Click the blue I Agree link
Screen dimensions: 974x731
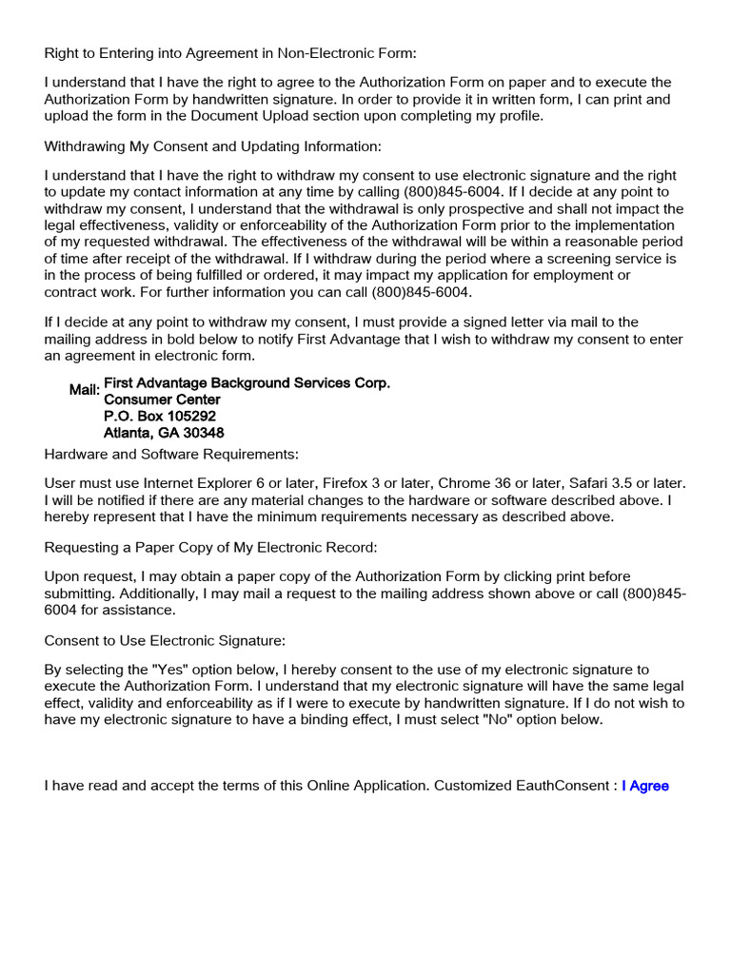645,786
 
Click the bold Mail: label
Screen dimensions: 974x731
85,391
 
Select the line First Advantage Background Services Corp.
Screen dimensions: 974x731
247,382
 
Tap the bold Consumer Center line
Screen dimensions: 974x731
162,399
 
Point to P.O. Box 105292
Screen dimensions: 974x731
160,417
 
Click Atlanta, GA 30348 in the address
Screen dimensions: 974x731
164,433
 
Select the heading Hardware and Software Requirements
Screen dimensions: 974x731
171,454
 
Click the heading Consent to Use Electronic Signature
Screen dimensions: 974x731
165,640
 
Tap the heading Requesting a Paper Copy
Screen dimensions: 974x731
210,547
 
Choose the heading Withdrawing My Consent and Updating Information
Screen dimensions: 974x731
212,146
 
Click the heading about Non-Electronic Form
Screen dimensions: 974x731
230,53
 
